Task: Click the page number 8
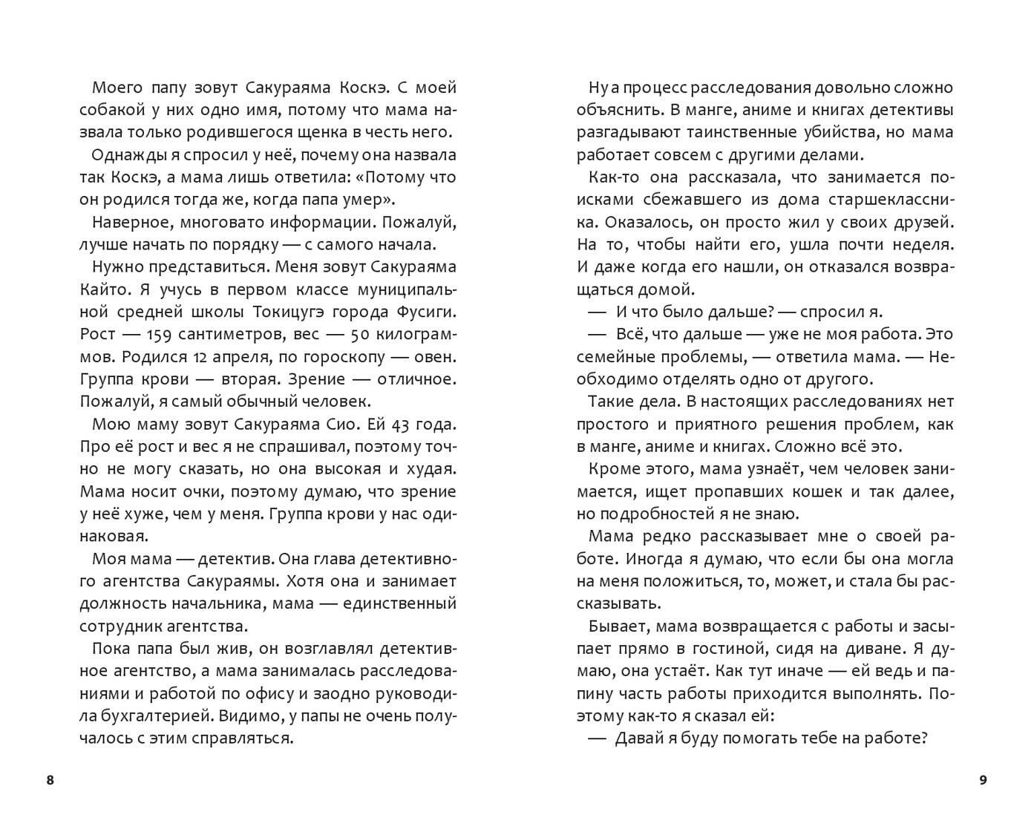pyautogui.click(x=50, y=780)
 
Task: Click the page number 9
pyautogui.click(x=984, y=780)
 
